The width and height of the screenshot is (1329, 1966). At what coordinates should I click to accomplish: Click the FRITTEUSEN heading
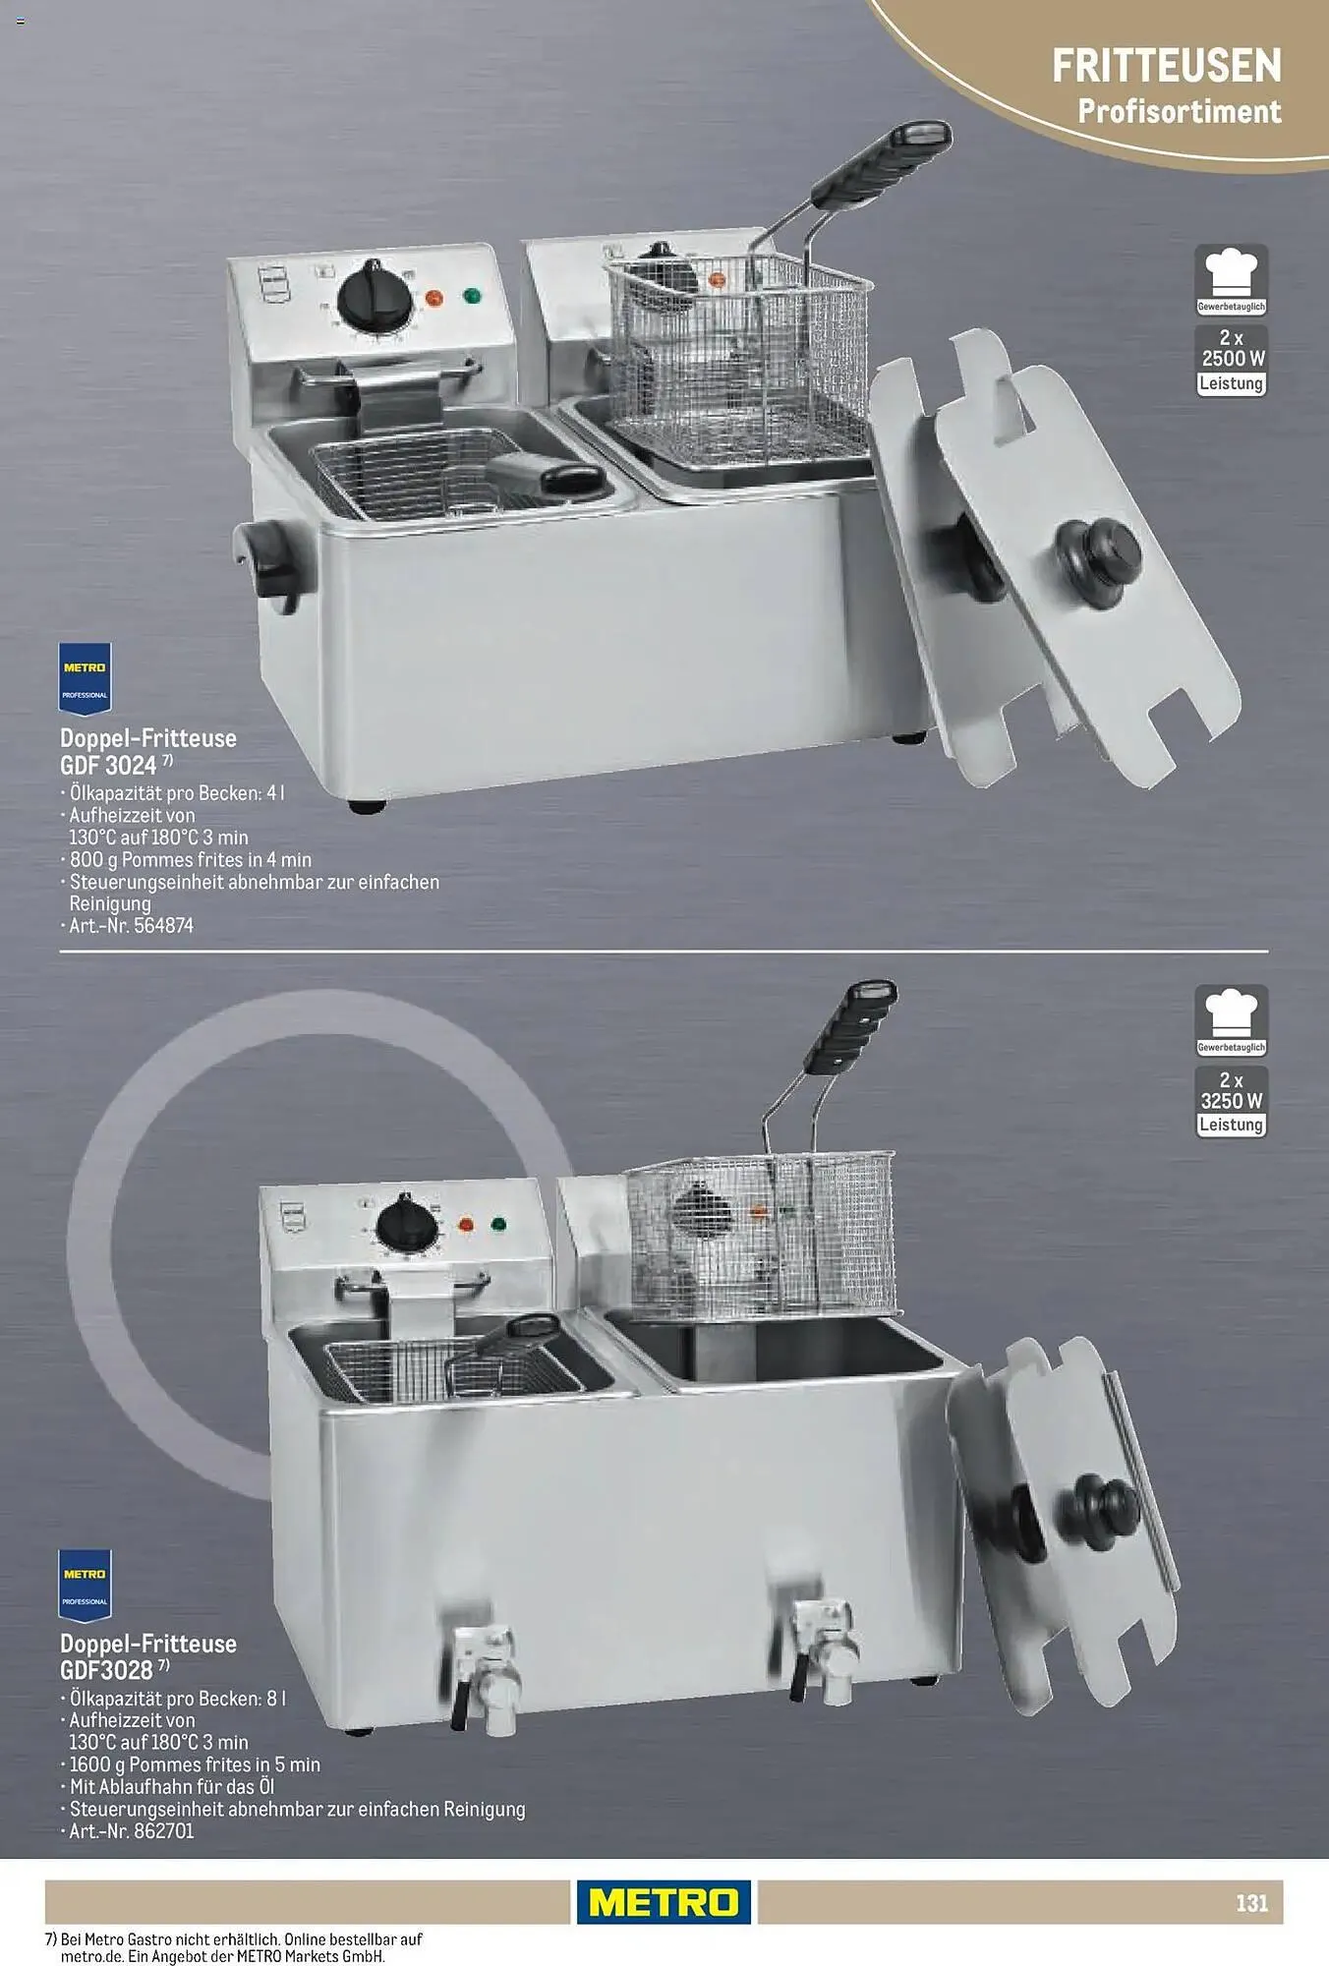(1167, 66)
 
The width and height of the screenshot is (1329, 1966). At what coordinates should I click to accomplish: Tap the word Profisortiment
(1180, 111)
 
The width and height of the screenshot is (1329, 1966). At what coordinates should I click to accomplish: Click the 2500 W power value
(1233, 359)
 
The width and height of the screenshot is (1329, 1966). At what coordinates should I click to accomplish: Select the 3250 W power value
(1232, 1101)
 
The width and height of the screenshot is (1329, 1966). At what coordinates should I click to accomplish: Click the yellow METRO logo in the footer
(664, 1902)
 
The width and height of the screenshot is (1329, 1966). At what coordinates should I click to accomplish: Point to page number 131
(1251, 1903)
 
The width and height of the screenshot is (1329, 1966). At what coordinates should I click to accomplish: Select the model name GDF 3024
(108, 766)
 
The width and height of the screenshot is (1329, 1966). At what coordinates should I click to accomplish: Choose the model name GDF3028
(106, 1670)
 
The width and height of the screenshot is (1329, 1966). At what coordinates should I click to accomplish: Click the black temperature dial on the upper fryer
(375, 296)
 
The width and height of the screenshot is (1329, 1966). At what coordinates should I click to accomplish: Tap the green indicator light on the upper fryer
(472, 295)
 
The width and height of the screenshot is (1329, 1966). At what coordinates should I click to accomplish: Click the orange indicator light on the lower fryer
(466, 1225)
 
